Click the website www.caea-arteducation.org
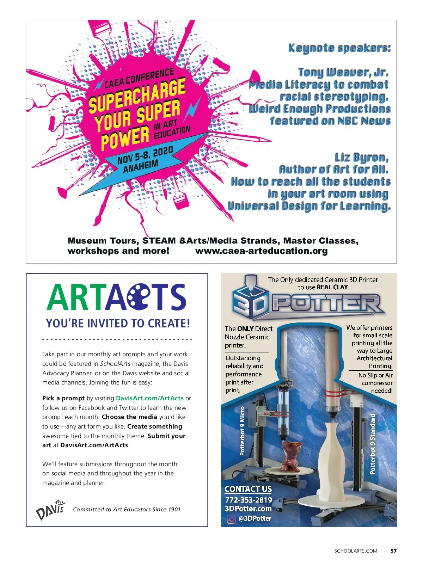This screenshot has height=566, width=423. point(261,251)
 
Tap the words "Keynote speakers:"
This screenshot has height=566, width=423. point(339,48)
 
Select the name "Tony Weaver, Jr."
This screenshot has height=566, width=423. point(343,73)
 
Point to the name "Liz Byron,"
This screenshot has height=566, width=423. point(361,157)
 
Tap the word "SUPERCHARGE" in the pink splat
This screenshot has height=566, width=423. point(137,96)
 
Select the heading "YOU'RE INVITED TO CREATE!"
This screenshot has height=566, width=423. point(118,323)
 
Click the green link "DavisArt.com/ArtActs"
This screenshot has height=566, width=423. point(149,398)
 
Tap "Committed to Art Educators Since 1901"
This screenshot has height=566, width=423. point(127,510)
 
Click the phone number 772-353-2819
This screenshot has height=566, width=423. point(249,500)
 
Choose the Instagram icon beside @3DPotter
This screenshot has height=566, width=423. point(231,519)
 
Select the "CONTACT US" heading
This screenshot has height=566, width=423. point(248,489)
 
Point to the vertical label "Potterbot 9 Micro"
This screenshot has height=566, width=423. point(242,431)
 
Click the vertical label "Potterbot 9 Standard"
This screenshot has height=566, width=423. point(373,444)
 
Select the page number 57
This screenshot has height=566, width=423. point(394,551)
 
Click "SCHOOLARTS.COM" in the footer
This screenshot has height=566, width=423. point(356,551)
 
